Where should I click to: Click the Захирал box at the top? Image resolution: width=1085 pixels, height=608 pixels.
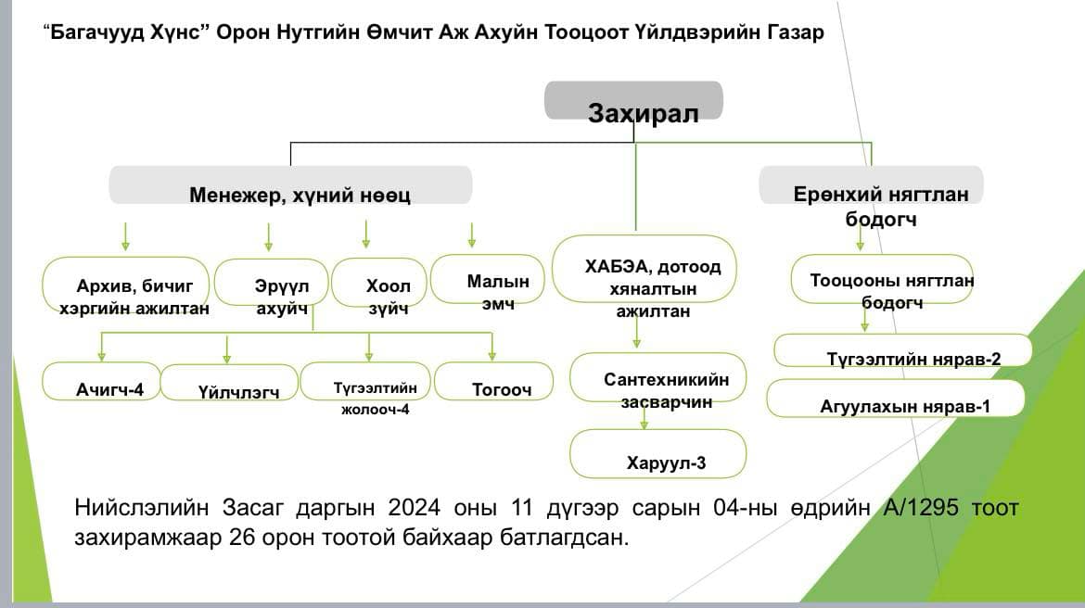click(x=633, y=101)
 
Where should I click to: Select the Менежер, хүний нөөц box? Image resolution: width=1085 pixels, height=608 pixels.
click(x=290, y=185)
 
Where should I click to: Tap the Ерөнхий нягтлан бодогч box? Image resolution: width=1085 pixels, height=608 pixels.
click(x=871, y=186)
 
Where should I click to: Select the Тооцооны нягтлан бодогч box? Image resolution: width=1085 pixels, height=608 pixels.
click(x=881, y=281)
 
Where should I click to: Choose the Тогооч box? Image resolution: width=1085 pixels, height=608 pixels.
click(x=493, y=381)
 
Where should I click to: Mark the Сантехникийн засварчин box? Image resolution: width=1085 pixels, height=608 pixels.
click(x=657, y=377)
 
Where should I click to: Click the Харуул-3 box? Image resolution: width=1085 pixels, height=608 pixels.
click(x=657, y=453)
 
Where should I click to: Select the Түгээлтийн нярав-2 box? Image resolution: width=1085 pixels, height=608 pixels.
click(x=903, y=351)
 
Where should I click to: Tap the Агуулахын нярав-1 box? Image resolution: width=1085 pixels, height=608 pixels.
click(x=896, y=399)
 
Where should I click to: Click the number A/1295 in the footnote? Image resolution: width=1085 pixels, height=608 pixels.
click(x=936, y=508)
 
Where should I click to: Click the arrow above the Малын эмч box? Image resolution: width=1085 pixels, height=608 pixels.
click(x=472, y=234)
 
